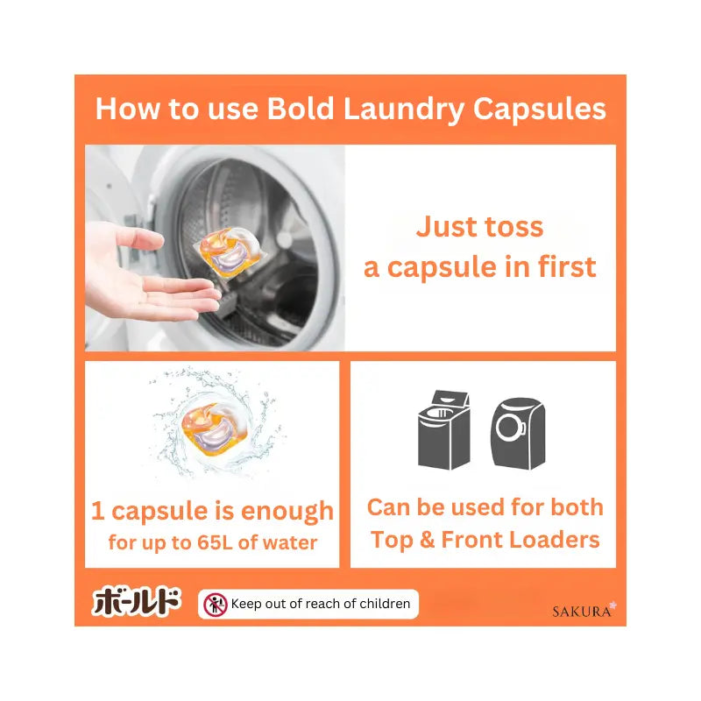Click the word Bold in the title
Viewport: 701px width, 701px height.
click(301, 109)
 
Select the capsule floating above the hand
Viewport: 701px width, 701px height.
click(229, 251)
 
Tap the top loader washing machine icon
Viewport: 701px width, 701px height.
click(444, 429)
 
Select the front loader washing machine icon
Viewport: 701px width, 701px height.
click(518, 434)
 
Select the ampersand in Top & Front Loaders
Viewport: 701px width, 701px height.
click(428, 539)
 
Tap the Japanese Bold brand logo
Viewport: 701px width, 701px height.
click(137, 601)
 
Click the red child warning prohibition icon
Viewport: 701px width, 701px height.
click(216, 605)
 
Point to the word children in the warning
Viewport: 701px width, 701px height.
click(385, 604)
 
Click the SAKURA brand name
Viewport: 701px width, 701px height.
click(582, 612)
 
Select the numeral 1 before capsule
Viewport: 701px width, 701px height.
click(98, 511)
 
